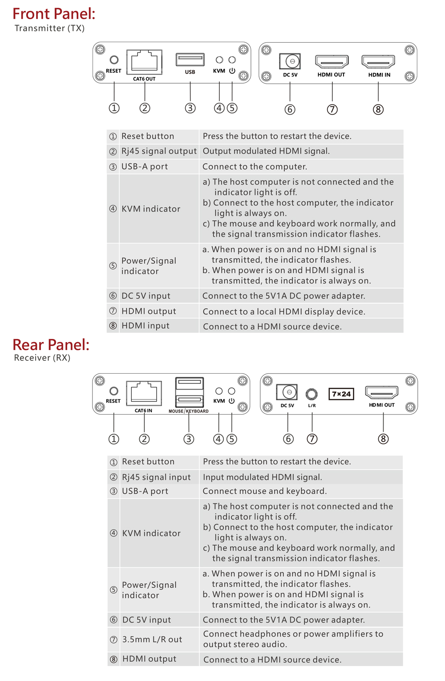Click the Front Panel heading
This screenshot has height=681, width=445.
coord(54,14)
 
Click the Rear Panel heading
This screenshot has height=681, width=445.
coord(51,345)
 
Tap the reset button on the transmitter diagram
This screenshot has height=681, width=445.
coord(114,60)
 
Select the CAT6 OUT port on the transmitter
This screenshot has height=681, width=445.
coord(144,62)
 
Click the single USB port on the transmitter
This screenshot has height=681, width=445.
coord(190,59)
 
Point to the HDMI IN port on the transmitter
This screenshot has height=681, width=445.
coord(378,61)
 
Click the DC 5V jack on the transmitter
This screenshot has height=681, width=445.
coord(290,61)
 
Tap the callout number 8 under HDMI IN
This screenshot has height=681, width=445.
coord(378,109)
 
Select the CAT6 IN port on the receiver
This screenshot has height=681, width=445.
coord(144,393)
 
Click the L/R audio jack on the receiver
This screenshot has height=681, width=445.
coord(311,394)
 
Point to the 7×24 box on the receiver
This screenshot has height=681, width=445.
coord(341,394)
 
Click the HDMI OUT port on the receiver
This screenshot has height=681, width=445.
coord(382,392)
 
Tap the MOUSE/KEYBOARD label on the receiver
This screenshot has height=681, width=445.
coord(189,411)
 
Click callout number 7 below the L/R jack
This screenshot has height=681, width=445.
coord(312,439)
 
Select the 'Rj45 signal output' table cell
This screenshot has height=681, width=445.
coord(159,151)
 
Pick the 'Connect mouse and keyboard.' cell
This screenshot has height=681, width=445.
coord(265,491)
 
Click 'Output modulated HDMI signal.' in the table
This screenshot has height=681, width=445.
coord(266,151)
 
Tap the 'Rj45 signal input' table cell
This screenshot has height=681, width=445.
coord(156,477)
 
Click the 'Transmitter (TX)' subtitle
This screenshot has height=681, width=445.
coord(49,28)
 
